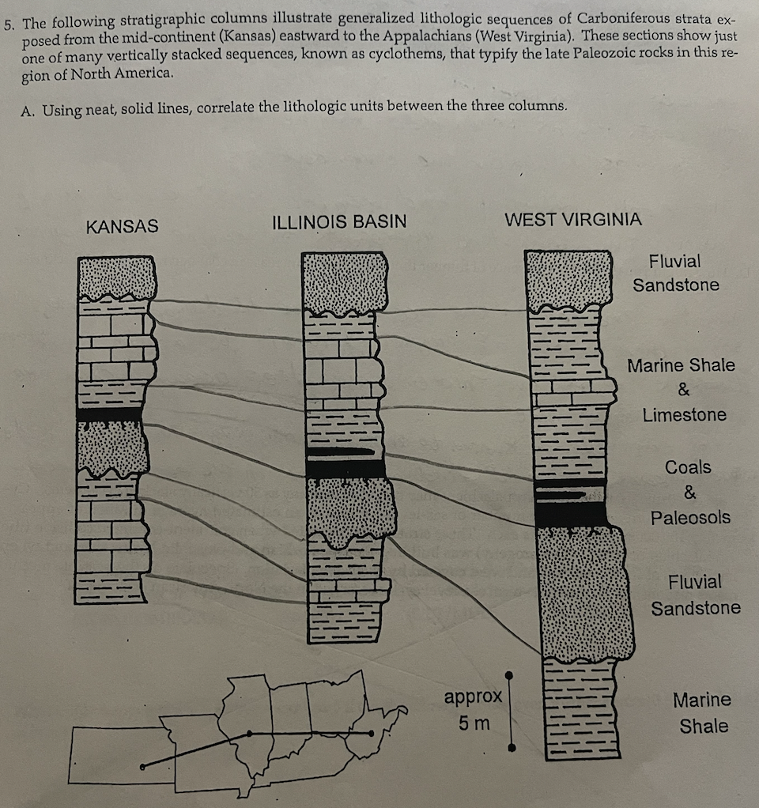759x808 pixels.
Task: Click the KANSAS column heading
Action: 122,226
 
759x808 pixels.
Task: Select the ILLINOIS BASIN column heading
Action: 339,222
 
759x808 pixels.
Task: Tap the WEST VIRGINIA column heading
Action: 572,219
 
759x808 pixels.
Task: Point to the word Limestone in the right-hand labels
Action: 684,414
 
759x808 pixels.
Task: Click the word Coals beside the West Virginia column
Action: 688,467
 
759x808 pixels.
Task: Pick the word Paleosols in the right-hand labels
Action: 690,518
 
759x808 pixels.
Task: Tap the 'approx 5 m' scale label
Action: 473,710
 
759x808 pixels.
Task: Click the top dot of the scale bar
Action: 510,675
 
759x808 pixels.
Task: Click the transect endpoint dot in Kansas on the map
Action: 142,766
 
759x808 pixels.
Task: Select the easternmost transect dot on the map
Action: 372,734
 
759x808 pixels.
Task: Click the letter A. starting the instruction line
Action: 28,111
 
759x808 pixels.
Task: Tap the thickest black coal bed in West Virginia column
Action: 569,514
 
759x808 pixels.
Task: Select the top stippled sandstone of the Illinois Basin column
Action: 344,282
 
